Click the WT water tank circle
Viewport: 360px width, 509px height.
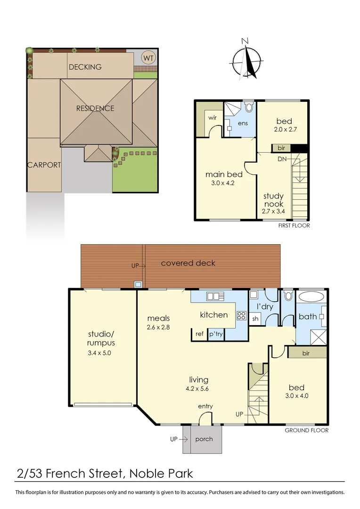pyautogui.click(x=148, y=58)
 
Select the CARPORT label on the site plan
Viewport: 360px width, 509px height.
pyautogui.click(x=44, y=165)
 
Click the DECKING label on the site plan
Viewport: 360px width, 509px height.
pyautogui.click(x=85, y=67)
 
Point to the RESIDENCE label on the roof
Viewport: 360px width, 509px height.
pyautogui.click(x=95, y=108)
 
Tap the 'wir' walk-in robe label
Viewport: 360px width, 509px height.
pyautogui.click(x=213, y=117)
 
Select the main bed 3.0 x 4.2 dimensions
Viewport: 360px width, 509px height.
pyautogui.click(x=220, y=183)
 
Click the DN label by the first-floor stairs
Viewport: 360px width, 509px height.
pyautogui.click(x=282, y=159)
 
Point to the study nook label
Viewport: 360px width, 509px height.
pyautogui.click(x=273, y=200)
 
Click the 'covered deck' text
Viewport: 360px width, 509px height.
pyautogui.click(x=188, y=263)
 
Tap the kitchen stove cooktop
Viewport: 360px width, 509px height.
pyautogui.click(x=241, y=315)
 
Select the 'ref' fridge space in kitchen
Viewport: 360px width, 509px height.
pyautogui.click(x=200, y=334)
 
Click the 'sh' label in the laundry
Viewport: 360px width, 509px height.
pyautogui.click(x=255, y=319)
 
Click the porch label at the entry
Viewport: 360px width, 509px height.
pyautogui.click(x=204, y=439)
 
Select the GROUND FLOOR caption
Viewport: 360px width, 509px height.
pyautogui.click(x=307, y=430)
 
